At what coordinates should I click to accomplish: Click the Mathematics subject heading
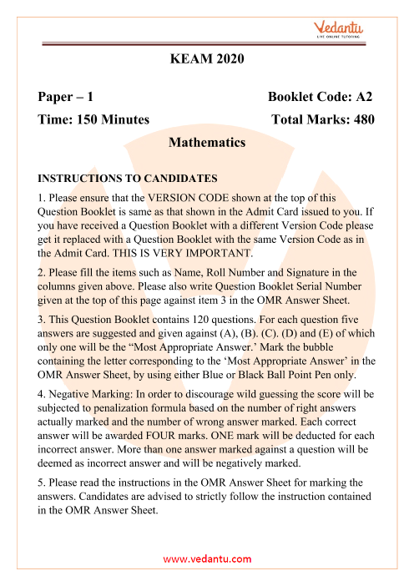click(x=206, y=143)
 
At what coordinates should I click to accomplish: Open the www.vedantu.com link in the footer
click(x=206, y=558)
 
